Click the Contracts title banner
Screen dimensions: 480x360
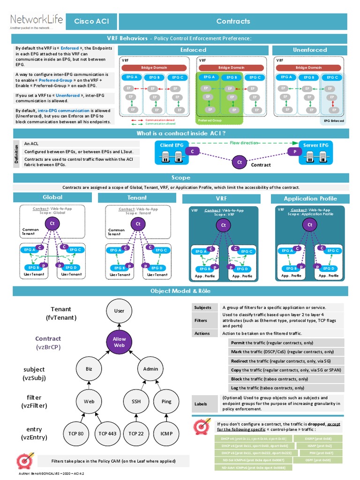233,22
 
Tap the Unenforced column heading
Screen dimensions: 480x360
310,50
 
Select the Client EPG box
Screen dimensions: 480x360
172,146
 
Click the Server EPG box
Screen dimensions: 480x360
316,146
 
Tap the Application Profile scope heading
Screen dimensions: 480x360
310,199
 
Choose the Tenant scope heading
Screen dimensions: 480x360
137,198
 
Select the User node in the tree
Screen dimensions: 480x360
119,310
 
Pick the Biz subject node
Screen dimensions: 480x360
90,369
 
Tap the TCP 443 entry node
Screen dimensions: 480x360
107,434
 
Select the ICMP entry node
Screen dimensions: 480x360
167,434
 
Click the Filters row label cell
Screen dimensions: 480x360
204,320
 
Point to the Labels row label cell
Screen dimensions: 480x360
204,403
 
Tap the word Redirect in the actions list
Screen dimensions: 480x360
240,361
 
